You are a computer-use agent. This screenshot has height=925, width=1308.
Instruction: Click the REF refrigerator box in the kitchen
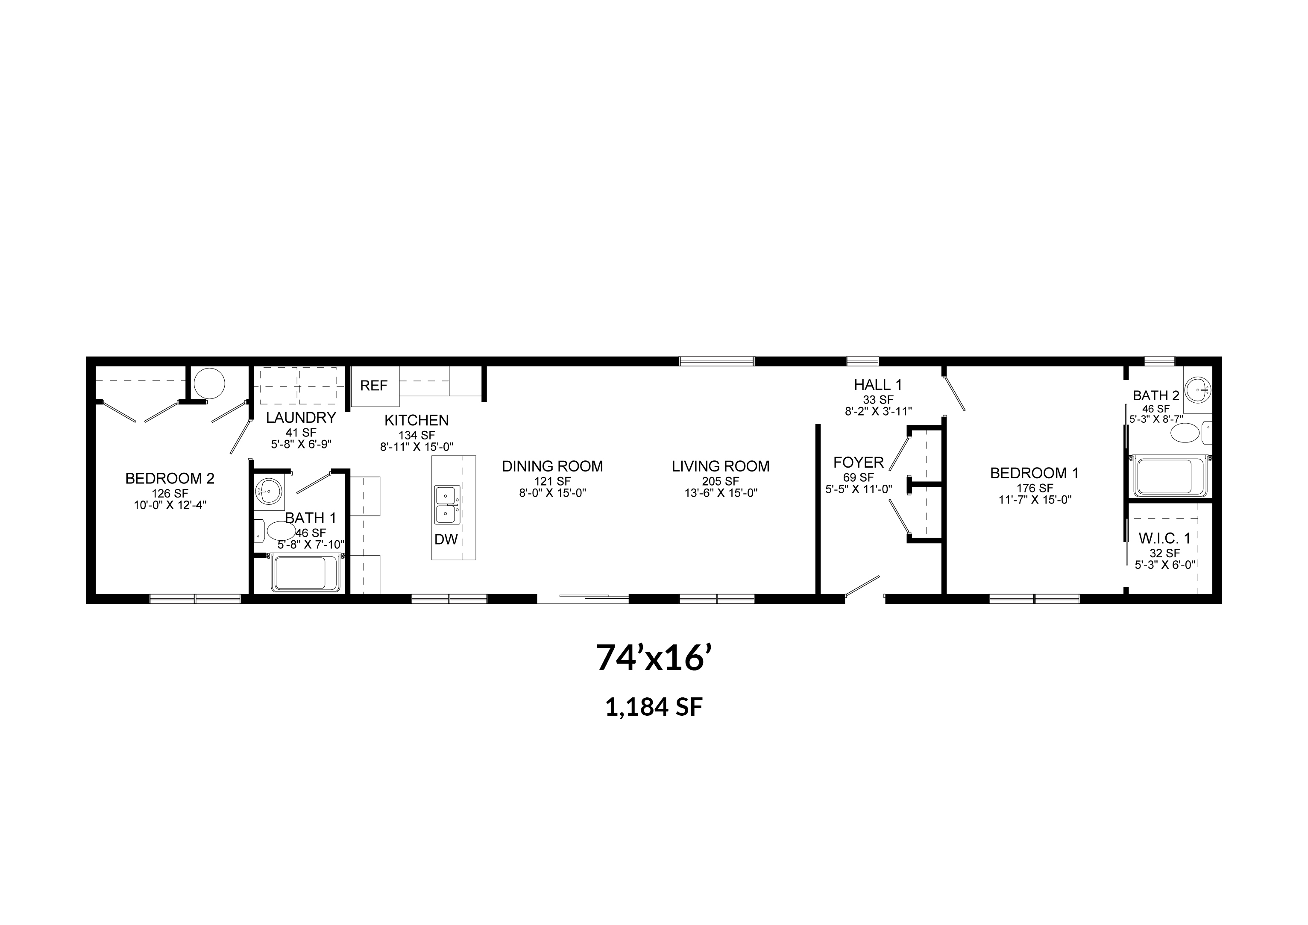coord(374,386)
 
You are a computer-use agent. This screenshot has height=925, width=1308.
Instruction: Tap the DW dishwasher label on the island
coord(446,540)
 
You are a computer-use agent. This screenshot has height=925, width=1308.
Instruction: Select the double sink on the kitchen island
coord(446,505)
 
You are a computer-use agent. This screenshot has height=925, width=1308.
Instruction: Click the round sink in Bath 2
coord(1197,391)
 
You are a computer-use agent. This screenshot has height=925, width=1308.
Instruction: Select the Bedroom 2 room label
coord(170,478)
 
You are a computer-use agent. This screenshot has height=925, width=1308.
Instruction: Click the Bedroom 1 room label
coord(1035,473)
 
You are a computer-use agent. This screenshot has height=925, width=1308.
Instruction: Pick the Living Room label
coord(721,466)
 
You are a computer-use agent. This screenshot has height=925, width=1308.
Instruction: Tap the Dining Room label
coord(552,466)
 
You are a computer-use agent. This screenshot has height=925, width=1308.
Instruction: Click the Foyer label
coord(859,462)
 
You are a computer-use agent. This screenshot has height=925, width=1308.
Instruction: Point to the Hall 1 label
coord(878,385)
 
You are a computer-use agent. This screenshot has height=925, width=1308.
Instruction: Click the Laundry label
coord(301,418)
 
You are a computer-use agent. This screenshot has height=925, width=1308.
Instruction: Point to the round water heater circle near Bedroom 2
coord(210,383)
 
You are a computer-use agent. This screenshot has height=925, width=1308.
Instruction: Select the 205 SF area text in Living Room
coord(720,482)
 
